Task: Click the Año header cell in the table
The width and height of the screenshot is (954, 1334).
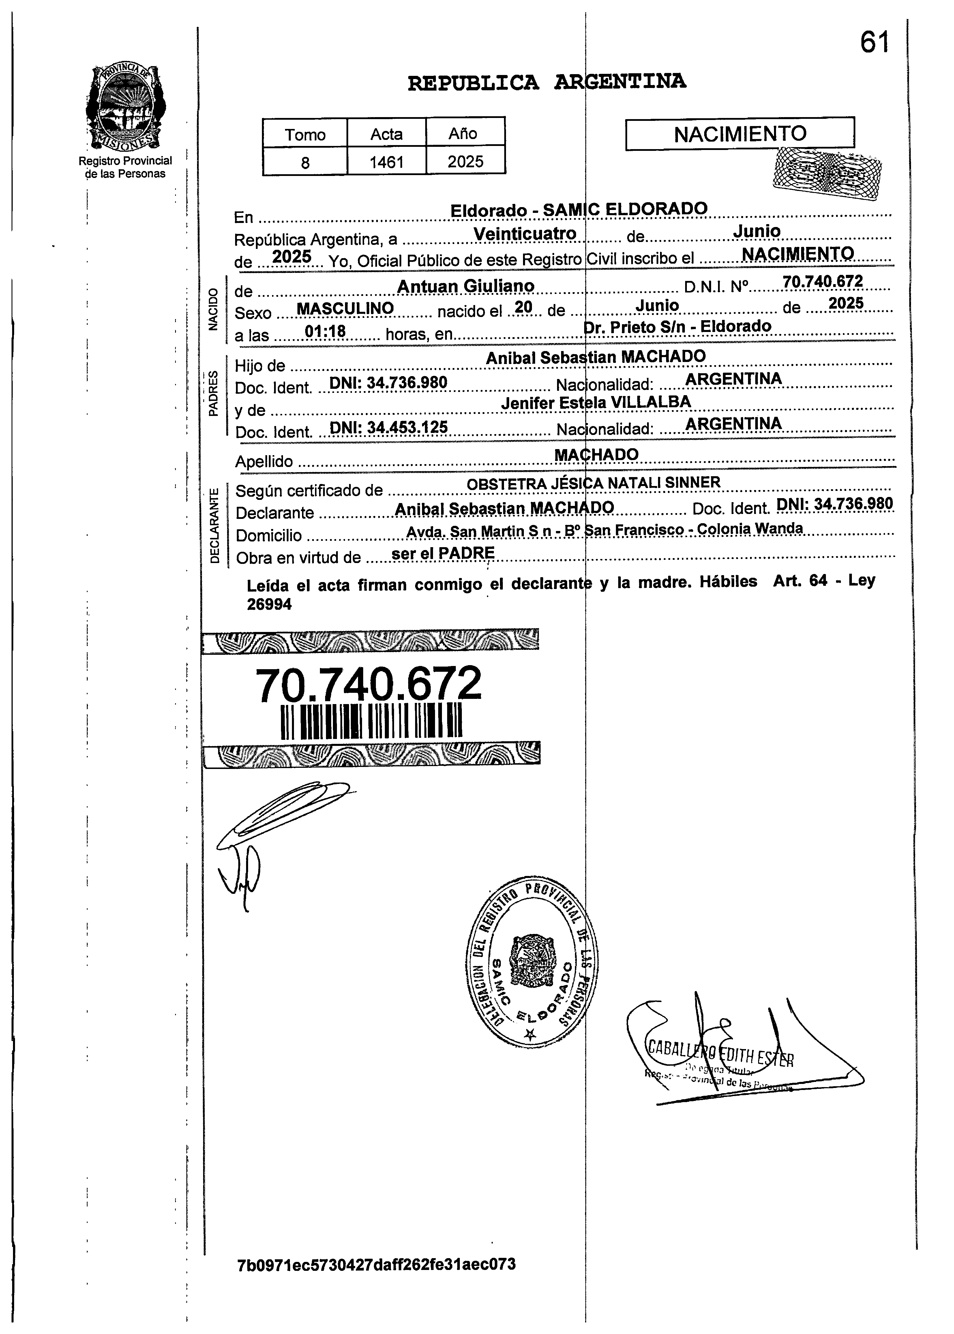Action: [x=464, y=133]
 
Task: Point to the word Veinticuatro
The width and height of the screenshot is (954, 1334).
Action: [x=524, y=234]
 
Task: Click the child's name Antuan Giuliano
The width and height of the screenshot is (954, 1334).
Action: [x=466, y=286]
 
